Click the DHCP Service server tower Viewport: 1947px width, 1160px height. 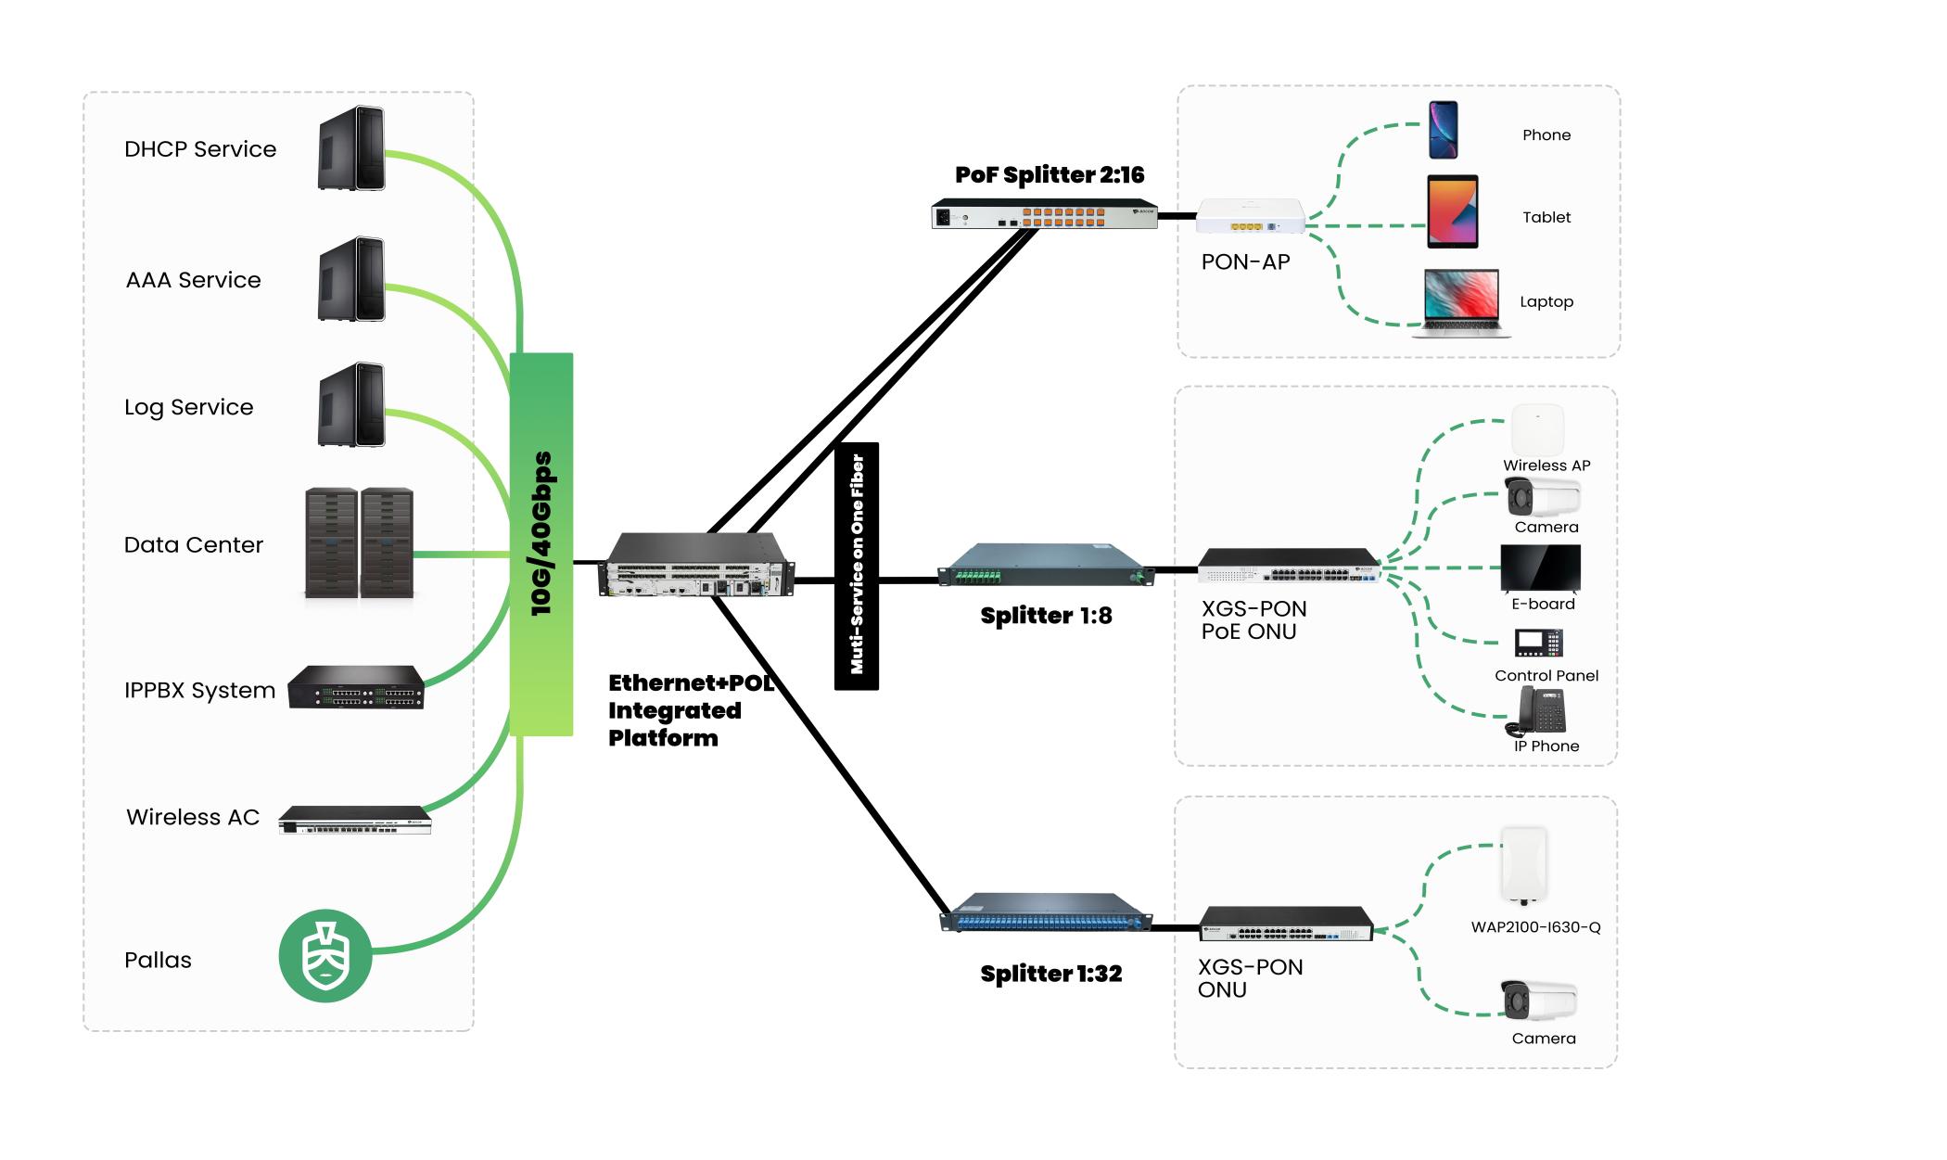tap(351, 148)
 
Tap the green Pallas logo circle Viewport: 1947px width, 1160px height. tap(325, 955)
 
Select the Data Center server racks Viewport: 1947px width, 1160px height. tap(359, 543)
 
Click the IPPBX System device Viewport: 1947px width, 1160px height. tap(355, 688)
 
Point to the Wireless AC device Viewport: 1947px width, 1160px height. tap(355, 820)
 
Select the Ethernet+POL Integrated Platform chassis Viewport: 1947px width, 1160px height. tap(697, 566)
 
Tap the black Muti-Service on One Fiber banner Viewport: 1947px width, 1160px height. tap(857, 566)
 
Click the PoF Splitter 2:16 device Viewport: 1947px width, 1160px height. tap(1045, 214)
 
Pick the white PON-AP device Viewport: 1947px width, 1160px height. tap(1250, 217)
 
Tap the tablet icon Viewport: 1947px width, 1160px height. tap(1452, 211)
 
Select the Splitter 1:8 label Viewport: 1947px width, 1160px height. tap(1046, 616)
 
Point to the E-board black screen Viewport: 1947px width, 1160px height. tap(1540, 567)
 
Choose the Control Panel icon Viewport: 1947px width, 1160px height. tap(1538, 643)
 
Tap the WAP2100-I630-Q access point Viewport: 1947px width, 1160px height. tap(1524, 864)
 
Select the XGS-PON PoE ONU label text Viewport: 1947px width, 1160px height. tap(1253, 620)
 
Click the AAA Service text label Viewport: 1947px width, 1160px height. tap(193, 280)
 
